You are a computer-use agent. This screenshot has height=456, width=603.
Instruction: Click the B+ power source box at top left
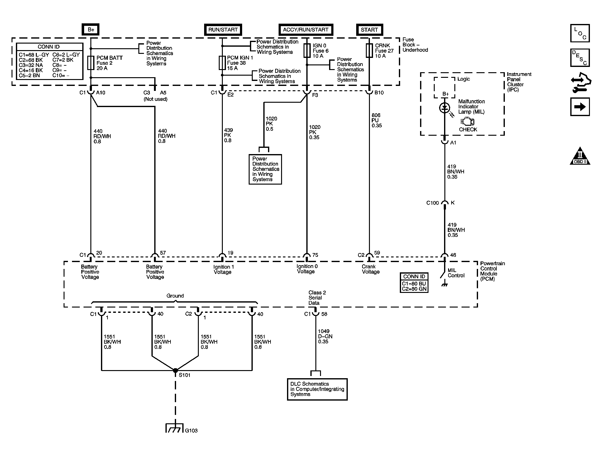pos(91,30)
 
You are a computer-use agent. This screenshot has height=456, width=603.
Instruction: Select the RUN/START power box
pos(223,30)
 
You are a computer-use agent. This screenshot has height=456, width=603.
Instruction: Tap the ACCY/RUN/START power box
pos(305,30)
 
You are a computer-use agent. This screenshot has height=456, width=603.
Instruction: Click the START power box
pos(369,30)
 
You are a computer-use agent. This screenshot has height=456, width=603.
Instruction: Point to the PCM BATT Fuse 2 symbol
pos(91,63)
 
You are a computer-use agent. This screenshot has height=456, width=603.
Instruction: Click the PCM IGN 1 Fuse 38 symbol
pos(222,63)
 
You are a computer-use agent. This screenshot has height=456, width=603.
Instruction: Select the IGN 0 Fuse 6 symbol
pos(307,50)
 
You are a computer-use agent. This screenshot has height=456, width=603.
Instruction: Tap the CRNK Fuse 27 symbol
pos(369,50)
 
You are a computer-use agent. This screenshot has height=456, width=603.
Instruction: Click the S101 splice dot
pos(175,370)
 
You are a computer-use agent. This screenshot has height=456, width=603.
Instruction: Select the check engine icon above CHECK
pos(467,122)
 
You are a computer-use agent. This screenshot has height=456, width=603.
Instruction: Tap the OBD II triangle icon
pos(580,156)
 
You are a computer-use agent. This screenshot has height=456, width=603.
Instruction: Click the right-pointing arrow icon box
pos(580,107)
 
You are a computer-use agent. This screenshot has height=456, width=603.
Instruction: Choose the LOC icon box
pos(580,33)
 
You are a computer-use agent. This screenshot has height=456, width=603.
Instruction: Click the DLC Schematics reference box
pos(317,389)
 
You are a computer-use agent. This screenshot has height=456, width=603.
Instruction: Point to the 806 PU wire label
pos(376,120)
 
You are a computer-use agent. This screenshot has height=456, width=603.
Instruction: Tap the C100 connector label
pos(433,203)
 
